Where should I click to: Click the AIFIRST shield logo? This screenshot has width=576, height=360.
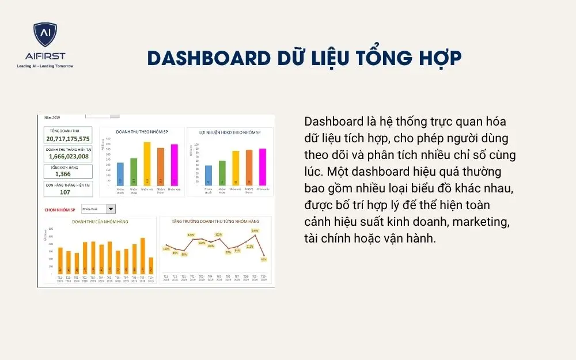click(45, 36)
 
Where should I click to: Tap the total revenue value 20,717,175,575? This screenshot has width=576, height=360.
click(68, 139)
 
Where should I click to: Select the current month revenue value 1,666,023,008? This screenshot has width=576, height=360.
click(68, 156)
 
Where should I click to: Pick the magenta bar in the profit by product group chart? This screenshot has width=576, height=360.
click(262, 167)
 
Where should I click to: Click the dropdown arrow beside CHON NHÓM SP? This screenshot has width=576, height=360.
click(111, 210)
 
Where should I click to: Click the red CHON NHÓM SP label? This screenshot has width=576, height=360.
click(60, 210)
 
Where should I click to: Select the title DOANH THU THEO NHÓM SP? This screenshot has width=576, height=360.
click(142, 132)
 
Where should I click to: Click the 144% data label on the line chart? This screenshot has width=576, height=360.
click(255, 230)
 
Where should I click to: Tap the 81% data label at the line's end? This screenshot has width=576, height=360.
click(263, 259)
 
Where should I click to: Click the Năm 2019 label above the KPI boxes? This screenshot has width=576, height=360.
click(52, 118)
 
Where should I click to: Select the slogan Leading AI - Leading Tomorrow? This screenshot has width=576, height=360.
click(45, 66)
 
